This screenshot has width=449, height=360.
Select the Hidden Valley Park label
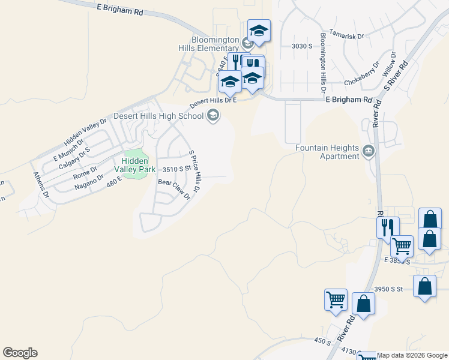[139, 165]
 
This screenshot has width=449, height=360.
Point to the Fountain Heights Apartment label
[327, 152]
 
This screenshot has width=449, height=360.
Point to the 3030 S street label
[303, 46]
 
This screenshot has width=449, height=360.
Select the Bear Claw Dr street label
[174, 188]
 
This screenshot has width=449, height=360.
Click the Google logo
[20, 353]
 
